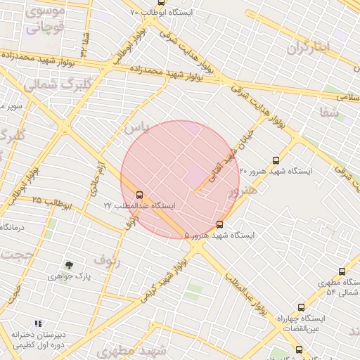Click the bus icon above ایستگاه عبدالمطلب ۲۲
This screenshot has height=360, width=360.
[x=139, y=195]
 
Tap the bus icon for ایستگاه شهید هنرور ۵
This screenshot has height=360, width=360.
[x=220, y=225]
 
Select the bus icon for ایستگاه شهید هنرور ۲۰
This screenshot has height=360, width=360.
[x=275, y=160]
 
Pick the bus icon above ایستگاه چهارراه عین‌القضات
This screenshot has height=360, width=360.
[x=301, y=307]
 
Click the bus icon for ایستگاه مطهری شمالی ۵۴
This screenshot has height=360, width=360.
[x=342, y=271]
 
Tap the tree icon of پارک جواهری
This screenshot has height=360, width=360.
[x=69, y=265]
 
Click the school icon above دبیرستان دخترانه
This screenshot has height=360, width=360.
[x=38, y=324]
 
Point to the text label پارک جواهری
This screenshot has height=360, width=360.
[x=70, y=277]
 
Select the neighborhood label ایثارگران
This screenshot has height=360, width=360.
[x=308, y=48]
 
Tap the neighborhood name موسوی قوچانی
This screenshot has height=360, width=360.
[x=46, y=20]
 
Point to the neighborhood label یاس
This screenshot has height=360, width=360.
[x=137, y=127]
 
